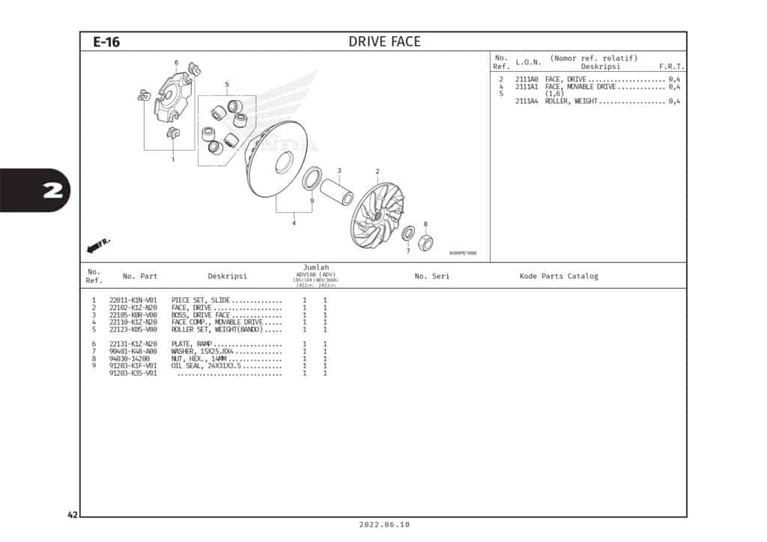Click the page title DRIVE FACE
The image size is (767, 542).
(384, 42)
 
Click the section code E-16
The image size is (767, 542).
(106, 42)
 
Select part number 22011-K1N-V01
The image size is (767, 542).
(133, 300)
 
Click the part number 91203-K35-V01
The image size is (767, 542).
(133, 373)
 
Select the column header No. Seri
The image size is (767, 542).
(431, 276)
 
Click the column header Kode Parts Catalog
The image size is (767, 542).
(559, 276)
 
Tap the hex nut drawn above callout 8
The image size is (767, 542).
(425, 242)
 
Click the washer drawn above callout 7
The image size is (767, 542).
(408, 234)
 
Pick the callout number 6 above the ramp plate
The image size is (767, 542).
(176, 63)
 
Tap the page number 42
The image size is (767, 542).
(72, 515)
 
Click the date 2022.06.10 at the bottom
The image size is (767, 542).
(384, 526)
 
